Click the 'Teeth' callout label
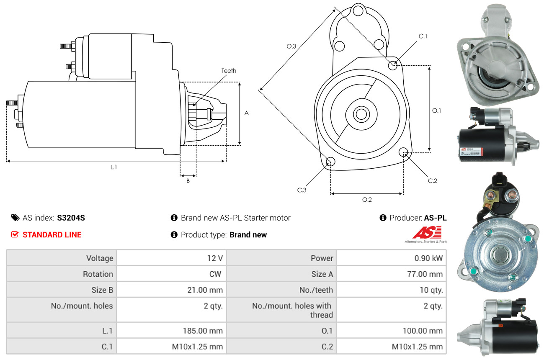(229, 71)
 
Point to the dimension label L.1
(113, 167)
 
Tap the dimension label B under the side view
(188, 181)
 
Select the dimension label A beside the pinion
(247, 113)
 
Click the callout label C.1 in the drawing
(423, 36)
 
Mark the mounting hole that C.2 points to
(404, 152)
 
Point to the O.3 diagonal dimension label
(291, 46)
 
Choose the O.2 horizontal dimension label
(367, 200)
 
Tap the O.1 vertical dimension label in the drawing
(436, 111)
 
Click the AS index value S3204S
(71, 218)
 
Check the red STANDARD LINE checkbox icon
(15, 235)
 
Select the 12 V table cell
(214, 258)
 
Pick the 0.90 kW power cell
(428, 258)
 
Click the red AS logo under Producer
(427, 233)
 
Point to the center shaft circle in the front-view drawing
(360, 114)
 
